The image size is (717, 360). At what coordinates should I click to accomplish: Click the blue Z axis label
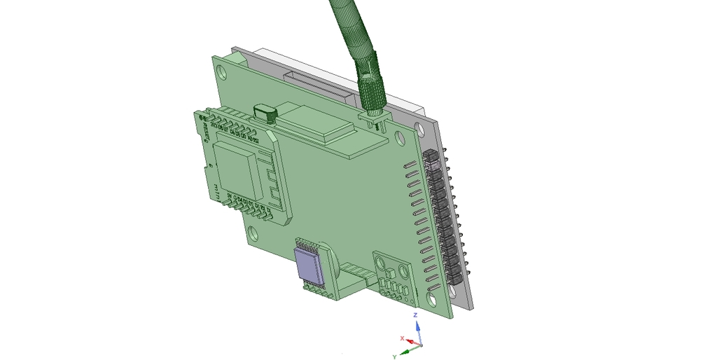click(x=415, y=316)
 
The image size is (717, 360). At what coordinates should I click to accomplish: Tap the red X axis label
click(x=402, y=338)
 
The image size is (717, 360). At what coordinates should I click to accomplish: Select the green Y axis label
click(x=395, y=356)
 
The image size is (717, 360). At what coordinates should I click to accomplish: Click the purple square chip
click(x=308, y=266)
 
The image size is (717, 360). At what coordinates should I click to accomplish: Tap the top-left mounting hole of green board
click(x=223, y=71)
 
